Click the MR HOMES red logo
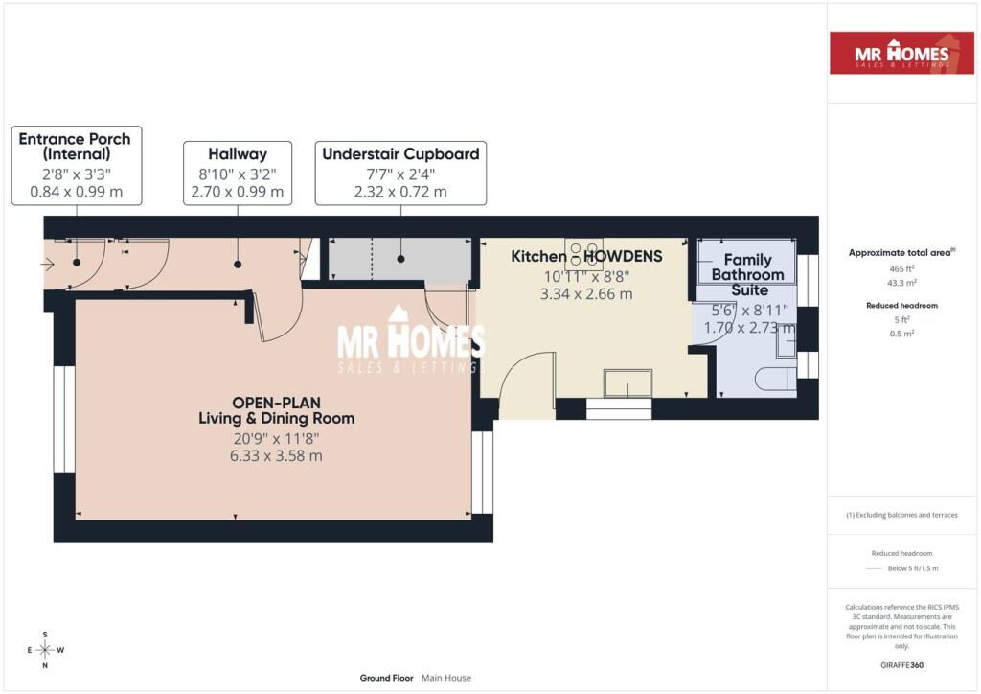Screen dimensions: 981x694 tap(901, 53)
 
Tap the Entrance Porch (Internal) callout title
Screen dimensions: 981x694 tap(75, 147)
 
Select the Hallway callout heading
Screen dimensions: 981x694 tap(238, 154)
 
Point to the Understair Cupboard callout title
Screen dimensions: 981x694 tap(400, 154)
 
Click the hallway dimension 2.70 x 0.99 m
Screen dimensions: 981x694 tap(238, 192)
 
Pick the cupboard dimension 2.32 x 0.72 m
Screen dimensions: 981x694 tap(400, 192)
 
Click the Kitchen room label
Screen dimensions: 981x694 tap(538, 257)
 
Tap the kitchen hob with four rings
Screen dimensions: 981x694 tap(583, 254)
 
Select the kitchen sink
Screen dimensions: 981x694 tap(627, 383)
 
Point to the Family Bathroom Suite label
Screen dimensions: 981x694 tap(747, 275)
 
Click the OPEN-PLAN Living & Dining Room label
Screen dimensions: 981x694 tap(277, 410)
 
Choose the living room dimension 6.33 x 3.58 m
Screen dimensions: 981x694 tap(276, 456)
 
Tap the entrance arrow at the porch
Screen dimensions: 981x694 tap(48, 264)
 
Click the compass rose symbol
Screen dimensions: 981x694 tap(45, 650)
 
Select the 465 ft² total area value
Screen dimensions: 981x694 tap(901, 269)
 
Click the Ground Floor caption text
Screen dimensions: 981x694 tap(387, 678)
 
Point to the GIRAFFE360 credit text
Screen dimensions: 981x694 tap(901, 665)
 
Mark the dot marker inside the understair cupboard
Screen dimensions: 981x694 tap(400, 259)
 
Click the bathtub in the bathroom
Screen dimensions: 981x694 tap(746, 261)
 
